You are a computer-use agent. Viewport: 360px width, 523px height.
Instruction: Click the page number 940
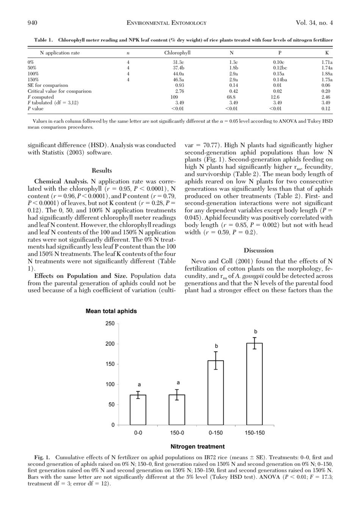(32, 23)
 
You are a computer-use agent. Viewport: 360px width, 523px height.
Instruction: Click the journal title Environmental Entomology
(166, 23)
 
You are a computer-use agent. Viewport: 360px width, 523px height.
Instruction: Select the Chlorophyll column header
(177, 53)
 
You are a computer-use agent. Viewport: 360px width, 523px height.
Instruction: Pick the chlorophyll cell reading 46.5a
(178, 80)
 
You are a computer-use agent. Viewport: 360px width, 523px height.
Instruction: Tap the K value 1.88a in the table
(327, 74)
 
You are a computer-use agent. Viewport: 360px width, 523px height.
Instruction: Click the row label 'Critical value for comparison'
(59, 91)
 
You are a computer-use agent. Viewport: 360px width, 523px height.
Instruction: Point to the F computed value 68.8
(231, 97)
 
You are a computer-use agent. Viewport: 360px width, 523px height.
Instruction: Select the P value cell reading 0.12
(326, 109)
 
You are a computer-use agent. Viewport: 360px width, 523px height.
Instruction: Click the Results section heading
(102, 171)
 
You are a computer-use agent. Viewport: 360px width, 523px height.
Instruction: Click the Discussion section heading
(258, 250)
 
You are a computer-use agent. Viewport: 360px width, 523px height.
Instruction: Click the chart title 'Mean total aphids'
(111, 311)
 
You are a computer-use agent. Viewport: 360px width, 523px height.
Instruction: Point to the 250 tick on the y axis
(110, 324)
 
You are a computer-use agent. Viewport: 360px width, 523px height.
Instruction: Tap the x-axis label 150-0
(177, 433)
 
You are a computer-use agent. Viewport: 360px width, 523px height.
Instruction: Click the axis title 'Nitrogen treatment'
(197, 446)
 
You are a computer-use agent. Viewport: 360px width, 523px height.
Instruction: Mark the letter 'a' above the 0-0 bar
(139, 385)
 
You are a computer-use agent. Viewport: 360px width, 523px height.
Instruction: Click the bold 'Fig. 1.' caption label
(42, 457)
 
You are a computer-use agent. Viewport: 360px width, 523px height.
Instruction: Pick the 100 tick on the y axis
(110, 384)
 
